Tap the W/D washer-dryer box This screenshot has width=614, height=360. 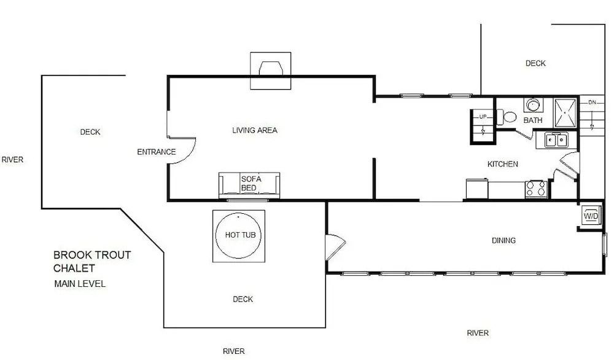tap(591, 216)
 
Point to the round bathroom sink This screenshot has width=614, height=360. tap(533, 105)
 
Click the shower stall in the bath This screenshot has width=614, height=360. tap(565, 113)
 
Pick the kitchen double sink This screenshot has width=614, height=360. tap(556, 140)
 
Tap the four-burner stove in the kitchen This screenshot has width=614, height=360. tap(536, 189)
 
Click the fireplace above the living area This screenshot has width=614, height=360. tap(271, 71)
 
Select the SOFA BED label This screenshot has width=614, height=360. tap(251, 183)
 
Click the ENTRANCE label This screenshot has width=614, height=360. tap(156, 152)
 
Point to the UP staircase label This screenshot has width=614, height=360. tap(483, 116)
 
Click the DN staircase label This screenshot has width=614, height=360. tap(592, 102)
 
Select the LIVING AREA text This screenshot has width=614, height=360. tap(255, 130)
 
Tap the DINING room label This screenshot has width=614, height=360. tap(503, 240)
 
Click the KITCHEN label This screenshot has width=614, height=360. tap(502, 164)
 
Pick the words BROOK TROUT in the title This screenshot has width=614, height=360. tap(92, 255)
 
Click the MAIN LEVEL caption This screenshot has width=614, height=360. tap(80, 284)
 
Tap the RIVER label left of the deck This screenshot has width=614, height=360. tap(12, 160)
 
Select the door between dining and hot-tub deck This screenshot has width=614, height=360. tap(335, 247)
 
